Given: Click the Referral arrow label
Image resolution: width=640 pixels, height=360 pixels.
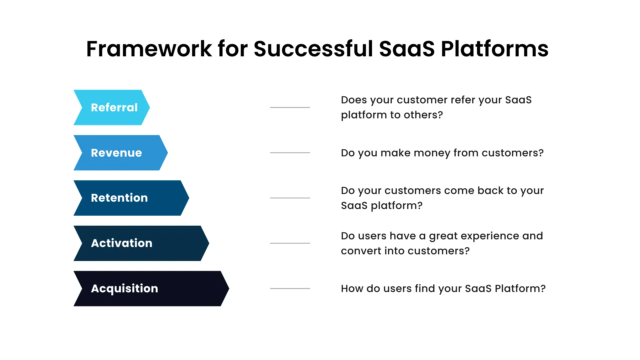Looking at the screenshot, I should (114, 107).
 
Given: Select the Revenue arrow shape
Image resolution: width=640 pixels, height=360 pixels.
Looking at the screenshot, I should (120, 153).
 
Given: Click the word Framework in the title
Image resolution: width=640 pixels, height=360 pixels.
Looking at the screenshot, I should (149, 49).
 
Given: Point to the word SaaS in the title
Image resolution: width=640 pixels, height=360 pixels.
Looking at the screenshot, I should (407, 49).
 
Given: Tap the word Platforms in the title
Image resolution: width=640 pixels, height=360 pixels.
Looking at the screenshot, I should (495, 49).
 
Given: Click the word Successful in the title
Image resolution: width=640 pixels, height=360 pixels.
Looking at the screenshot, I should (313, 49).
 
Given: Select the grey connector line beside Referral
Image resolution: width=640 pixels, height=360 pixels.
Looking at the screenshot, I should (290, 107).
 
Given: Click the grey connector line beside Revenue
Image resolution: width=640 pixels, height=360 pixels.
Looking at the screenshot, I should (290, 153).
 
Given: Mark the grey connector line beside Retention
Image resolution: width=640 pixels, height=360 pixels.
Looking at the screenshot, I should (290, 198).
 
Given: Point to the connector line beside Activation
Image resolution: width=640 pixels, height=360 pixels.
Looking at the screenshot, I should (290, 243).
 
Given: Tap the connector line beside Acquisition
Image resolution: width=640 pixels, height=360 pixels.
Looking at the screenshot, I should (290, 289).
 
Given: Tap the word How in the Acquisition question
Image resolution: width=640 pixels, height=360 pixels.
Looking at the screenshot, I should (352, 289).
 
